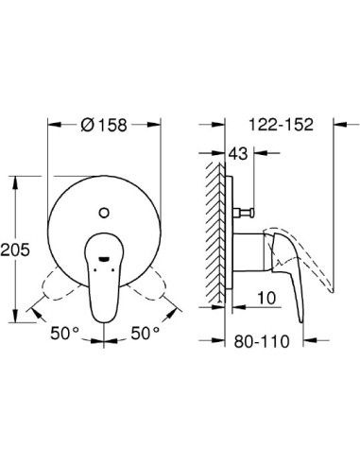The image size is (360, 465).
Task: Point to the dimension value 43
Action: pos(240,154)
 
